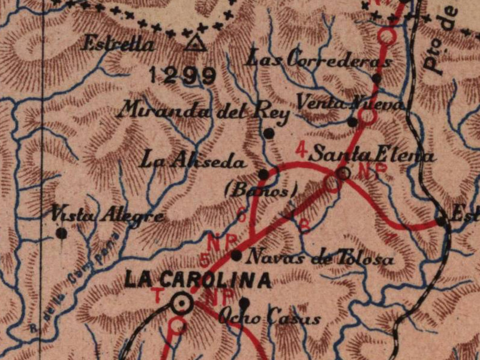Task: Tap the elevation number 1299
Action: click(x=182, y=75)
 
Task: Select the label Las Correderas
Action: click(x=319, y=59)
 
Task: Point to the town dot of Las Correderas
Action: click(x=376, y=78)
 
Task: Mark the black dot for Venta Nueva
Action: click(x=353, y=122)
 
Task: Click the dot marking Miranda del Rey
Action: click(x=269, y=133)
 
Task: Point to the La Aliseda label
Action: click(x=192, y=161)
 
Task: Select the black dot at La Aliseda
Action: click(x=263, y=174)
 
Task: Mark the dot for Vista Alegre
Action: click(x=61, y=233)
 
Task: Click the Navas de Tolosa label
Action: click(x=321, y=259)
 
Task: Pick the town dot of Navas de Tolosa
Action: click(x=236, y=256)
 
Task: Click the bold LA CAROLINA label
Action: click(x=197, y=280)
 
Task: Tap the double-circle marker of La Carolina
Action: click(x=181, y=304)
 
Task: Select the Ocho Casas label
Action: click(x=270, y=318)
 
